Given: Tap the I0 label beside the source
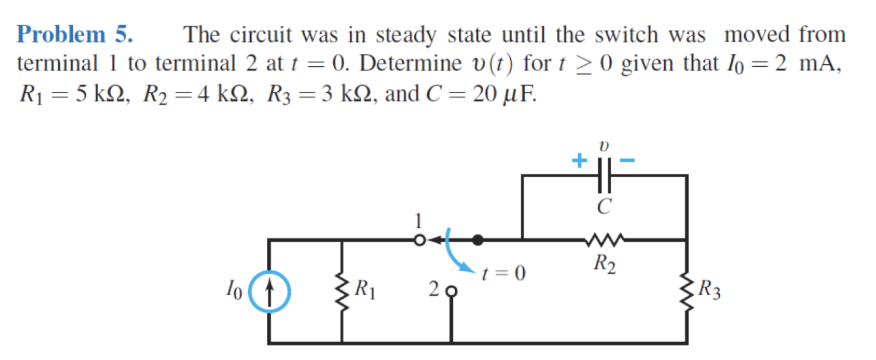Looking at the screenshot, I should [233, 288].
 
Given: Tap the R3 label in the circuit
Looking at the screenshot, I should [710, 288].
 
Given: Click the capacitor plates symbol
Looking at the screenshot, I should [603, 174].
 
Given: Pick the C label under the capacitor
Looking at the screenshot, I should [603, 207].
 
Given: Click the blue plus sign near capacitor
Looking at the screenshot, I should [577, 162].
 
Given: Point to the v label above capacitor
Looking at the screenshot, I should [603, 146].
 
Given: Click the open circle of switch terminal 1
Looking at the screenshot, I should [420, 241].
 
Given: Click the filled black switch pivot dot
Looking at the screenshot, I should [478, 241].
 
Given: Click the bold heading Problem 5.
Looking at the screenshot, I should [75, 35].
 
